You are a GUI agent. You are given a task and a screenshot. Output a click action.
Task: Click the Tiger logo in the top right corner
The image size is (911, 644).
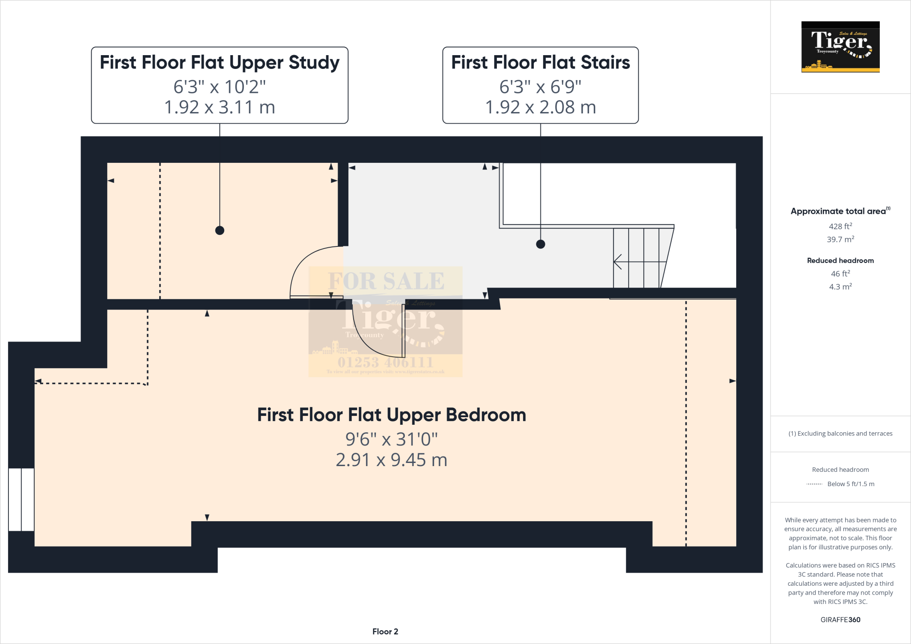(x=840, y=47)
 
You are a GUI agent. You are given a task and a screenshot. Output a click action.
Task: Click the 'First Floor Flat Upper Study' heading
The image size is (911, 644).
(x=219, y=63)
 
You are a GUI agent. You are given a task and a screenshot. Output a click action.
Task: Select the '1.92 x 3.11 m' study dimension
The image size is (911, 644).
(x=219, y=107)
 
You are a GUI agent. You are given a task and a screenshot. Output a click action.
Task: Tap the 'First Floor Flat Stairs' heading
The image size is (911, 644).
(x=540, y=63)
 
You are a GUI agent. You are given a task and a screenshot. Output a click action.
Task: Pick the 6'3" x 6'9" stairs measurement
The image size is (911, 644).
(x=540, y=87)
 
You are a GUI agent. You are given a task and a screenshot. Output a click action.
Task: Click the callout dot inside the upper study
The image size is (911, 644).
(x=219, y=230)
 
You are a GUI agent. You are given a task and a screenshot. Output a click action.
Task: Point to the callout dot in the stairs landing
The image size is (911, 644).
(x=540, y=244)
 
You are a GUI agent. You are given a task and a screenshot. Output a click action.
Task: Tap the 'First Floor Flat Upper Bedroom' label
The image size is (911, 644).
(x=391, y=415)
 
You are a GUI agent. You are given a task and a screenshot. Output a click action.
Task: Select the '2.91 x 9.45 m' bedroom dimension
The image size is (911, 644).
(x=391, y=460)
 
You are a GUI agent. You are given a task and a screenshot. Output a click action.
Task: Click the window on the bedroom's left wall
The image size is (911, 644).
(x=21, y=499)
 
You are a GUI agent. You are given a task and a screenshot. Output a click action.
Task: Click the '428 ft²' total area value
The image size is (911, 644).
(x=840, y=226)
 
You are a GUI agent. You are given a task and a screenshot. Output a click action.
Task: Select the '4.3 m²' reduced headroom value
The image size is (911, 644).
(x=840, y=287)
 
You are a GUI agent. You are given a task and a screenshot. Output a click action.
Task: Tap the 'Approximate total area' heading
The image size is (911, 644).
(x=838, y=212)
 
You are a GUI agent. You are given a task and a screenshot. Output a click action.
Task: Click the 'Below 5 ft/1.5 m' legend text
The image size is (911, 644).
(x=851, y=484)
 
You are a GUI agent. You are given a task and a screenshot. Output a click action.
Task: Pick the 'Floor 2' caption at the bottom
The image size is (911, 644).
(x=385, y=632)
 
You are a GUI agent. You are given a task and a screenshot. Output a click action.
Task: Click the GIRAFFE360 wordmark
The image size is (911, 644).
(x=840, y=620)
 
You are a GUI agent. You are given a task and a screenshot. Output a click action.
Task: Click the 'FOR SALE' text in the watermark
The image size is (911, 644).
(x=386, y=281)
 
